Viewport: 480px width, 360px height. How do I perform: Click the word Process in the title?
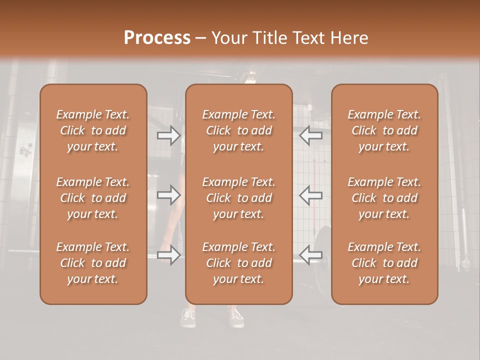tap(157, 38)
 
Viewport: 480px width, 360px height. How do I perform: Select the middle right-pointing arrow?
tap(168, 195)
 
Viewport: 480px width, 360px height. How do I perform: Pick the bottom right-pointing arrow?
tap(168, 255)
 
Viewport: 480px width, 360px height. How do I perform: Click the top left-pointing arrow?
tap(311, 135)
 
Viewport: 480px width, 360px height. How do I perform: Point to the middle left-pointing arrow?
tap(311, 195)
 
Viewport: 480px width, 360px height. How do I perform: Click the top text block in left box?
tap(93, 130)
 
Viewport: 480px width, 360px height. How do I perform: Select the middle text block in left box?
tap(93, 198)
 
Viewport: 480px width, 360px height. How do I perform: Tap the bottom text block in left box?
tap(93, 263)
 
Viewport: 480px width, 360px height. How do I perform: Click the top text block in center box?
tap(239, 130)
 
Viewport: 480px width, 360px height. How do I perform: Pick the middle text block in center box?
tap(239, 198)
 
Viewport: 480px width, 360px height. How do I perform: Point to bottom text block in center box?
tap(239, 263)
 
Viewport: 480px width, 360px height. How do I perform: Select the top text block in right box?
tap(384, 130)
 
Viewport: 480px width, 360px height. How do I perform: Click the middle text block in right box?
tap(384, 198)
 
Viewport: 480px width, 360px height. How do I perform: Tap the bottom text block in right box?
tap(384, 263)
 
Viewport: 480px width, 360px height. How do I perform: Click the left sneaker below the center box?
tap(188, 318)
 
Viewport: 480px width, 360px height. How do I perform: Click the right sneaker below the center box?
tap(235, 317)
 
